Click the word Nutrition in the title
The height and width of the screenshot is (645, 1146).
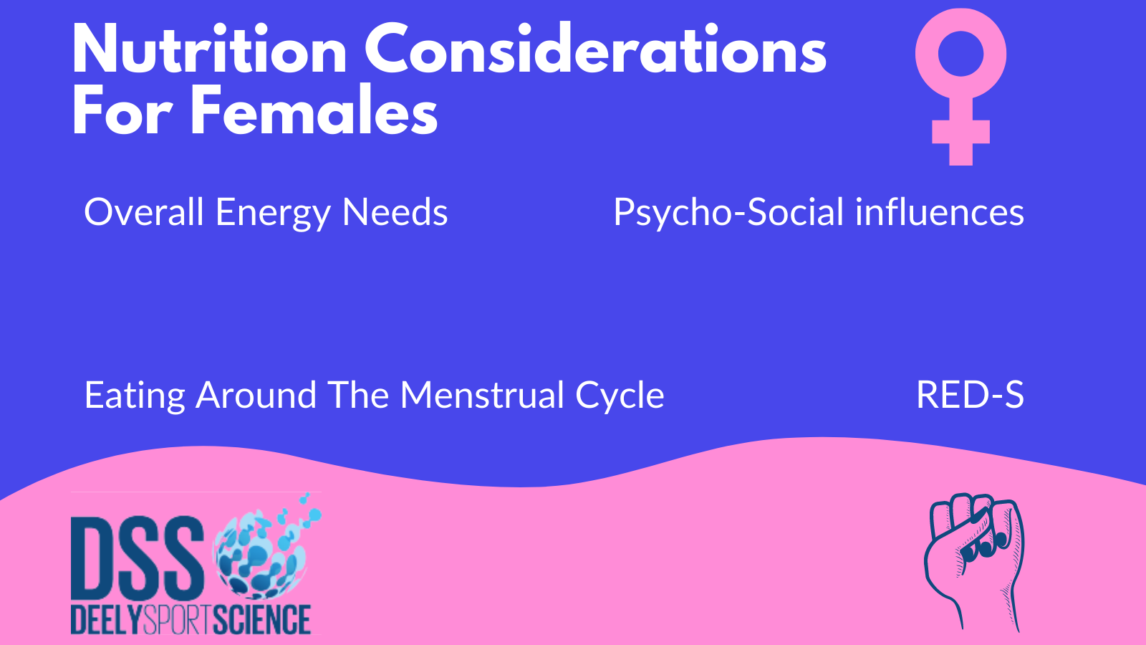coord(210,49)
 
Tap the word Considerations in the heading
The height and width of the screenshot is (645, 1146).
coord(595,49)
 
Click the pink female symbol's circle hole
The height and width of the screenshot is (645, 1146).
coord(960,54)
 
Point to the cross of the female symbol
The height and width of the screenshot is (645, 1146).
coord(960,132)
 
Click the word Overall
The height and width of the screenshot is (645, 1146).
coord(144,211)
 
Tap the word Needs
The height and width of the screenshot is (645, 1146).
coord(395,211)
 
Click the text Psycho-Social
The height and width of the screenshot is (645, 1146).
coord(728,214)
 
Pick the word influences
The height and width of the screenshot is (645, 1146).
coord(940,211)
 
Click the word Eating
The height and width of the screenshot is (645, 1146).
coord(135,397)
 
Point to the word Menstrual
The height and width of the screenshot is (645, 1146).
coord(482,395)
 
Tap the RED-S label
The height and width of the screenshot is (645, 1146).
coord(970,395)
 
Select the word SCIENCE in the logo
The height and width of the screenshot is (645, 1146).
coord(261,620)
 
